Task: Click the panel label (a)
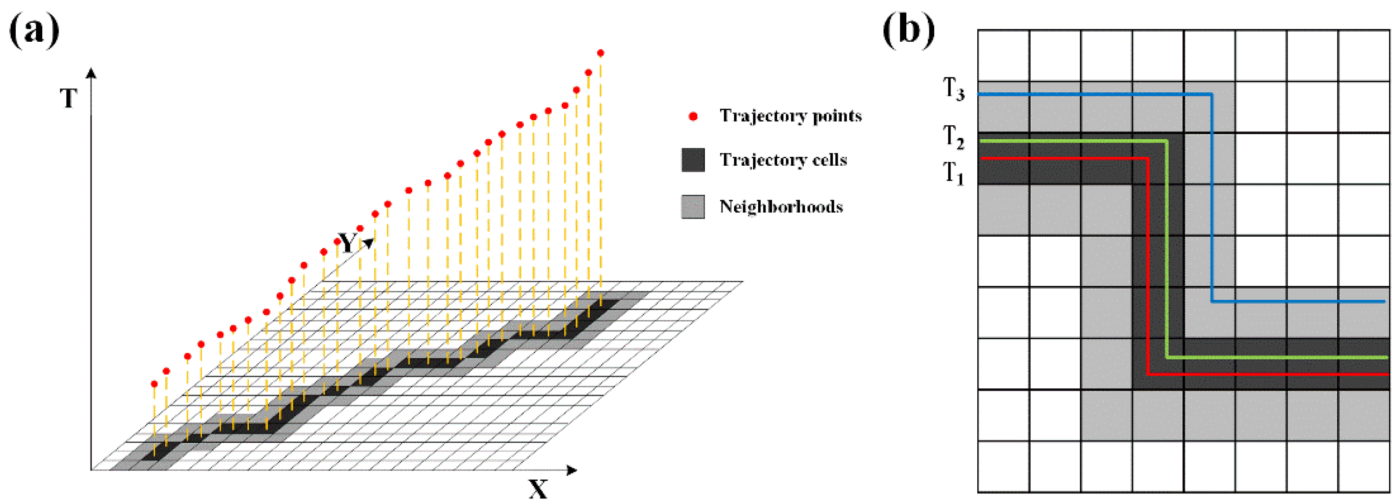(x=34, y=31)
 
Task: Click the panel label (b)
(x=909, y=31)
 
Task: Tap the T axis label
(x=68, y=99)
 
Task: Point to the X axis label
(x=538, y=489)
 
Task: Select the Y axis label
(x=347, y=243)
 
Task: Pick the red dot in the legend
(x=693, y=116)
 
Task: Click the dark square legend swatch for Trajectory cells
(x=693, y=160)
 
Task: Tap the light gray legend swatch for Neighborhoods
(x=693, y=207)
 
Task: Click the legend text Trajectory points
(x=790, y=116)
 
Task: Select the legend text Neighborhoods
(x=781, y=207)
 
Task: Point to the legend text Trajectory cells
(x=783, y=160)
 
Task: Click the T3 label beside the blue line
(x=954, y=89)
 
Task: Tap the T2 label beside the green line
(x=954, y=136)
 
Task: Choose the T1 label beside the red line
(x=954, y=174)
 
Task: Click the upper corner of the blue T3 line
(x=1212, y=94)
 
